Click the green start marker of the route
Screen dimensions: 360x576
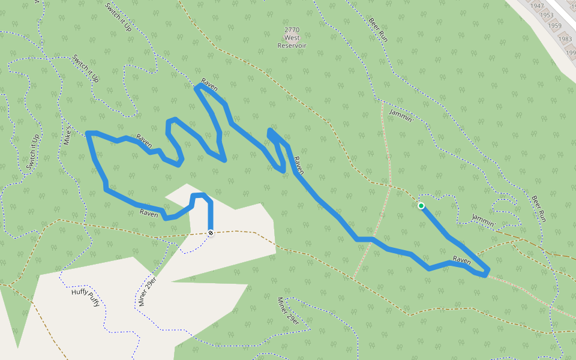pos(421,206)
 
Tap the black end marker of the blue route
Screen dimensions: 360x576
pos(211,232)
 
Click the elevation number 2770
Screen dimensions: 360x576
pos(292,29)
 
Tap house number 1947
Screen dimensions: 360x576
pos(538,6)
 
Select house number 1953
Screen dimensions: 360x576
pos(547,15)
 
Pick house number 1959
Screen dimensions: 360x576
pos(555,25)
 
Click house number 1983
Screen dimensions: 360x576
pos(565,39)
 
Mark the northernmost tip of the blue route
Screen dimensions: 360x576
pos(199,85)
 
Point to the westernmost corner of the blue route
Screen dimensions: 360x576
pos(88,133)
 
